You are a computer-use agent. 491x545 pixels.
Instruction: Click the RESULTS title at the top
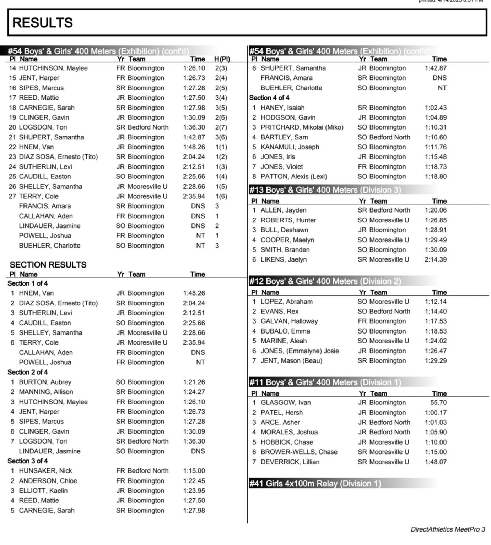[x=43, y=23]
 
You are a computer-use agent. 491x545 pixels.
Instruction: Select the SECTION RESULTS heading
[x=48, y=265]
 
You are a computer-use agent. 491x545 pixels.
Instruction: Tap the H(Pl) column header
[x=222, y=59]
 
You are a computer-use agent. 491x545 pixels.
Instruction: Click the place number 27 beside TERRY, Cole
[x=12, y=196]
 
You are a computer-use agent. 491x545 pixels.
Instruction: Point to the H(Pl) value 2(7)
[x=221, y=127]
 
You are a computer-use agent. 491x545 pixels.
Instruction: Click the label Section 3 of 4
[x=28, y=461]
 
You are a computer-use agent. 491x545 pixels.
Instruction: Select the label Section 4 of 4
[x=269, y=98]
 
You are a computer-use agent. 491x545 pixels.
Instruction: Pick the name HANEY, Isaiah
[x=282, y=108]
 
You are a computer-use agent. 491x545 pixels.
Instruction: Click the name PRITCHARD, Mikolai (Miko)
[x=302, y=127]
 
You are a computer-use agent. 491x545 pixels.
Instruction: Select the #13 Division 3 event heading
[x=325, y=190]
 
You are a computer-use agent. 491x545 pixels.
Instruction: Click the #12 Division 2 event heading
[x=325, y=281]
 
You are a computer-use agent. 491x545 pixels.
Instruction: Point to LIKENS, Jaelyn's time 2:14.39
[x=436, y=259]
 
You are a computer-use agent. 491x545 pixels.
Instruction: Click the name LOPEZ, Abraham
[x=287, y=302]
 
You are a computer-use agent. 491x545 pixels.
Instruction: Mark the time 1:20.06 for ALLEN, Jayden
[x=436, y=210]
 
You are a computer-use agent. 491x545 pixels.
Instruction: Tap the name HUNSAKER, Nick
[x=45, y=471]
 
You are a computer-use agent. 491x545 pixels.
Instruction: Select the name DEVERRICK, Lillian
[x=290, y=462]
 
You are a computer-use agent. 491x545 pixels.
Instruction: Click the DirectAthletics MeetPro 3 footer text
[x=448, y=529]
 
